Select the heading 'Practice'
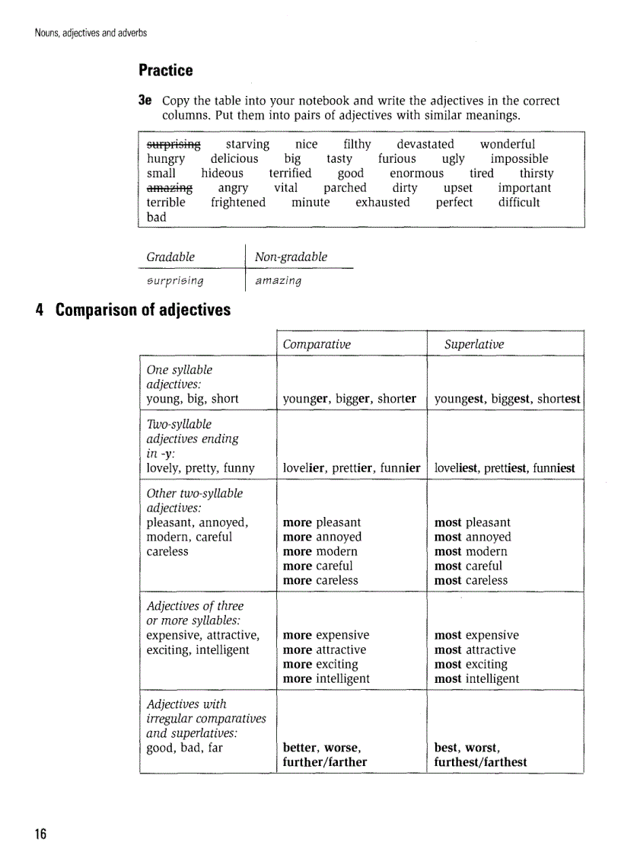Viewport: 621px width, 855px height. (165, 71)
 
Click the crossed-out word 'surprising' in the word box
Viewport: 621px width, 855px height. (174, 144)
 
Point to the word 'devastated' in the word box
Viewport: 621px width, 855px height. (425, 144)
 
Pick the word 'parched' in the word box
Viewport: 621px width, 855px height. (345, 187)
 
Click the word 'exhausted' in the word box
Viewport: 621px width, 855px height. (382, 202)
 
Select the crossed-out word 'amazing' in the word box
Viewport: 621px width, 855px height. (169, 187)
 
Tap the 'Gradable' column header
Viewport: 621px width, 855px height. (170, 257)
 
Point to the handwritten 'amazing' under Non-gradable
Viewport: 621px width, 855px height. (279, 281)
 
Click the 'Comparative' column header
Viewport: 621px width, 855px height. (317, 344)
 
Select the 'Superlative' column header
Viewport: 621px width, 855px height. (474, 344)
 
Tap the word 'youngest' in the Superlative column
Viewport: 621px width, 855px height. (460, 398)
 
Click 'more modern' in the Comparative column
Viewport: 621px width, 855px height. (320, 551)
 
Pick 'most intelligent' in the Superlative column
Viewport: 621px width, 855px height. (476, 678)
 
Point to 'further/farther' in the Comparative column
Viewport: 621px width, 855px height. (324, 761)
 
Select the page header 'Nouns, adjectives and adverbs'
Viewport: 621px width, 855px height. (91, 33)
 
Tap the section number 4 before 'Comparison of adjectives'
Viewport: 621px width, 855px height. (40, 310)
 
